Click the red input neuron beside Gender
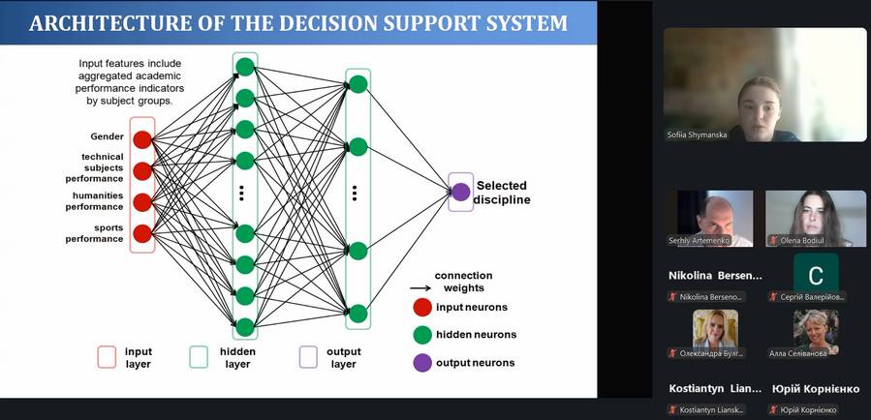(142, 139)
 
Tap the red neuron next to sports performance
(142, 233)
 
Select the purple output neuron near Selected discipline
(461, 192)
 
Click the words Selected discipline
(503, 193)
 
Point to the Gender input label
(108, 136)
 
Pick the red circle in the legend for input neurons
(422, 308)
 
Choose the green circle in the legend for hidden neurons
(422, 335)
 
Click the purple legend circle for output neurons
(422, 363)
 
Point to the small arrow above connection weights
(420, 287)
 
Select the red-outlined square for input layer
(108, 357)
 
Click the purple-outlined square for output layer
(309, 357)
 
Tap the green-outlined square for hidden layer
(199, 357)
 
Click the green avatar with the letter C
(816, 272)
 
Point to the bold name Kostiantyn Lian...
(715, 389)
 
